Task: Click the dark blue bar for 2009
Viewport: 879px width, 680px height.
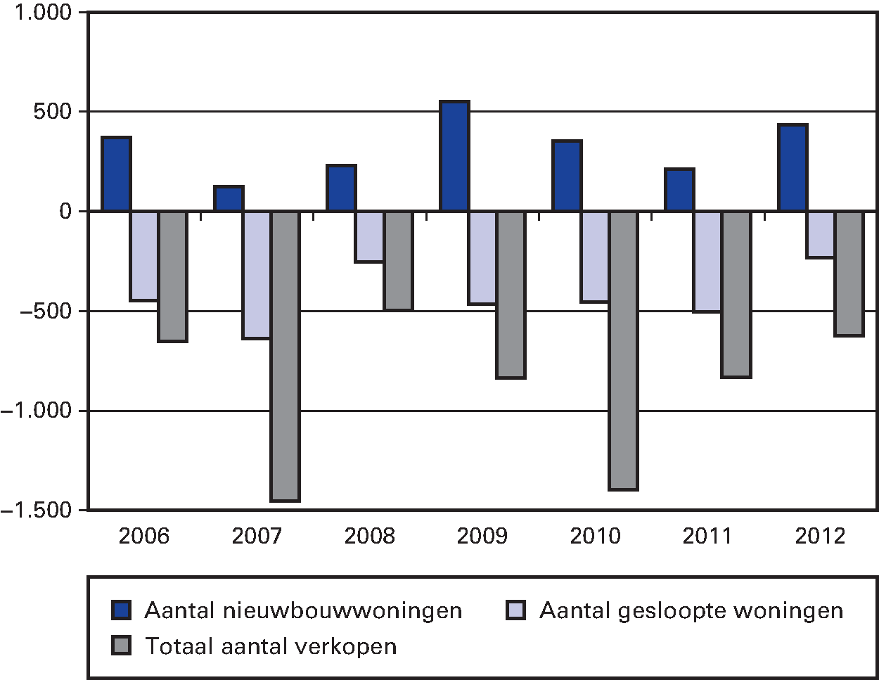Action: tap(454, 156)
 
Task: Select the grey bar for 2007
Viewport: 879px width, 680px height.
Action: tap(285, 356)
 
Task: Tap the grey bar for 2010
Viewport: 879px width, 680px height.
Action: tap(624, 350)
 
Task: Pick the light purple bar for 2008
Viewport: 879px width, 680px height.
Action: tap(370, 236)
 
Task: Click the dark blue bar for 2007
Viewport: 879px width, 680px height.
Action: tap(229, 198)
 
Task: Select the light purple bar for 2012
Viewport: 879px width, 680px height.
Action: tap(821, 234)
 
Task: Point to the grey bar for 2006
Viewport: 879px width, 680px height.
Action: tap(172, 276)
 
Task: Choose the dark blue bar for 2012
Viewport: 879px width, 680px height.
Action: tap(793, 167)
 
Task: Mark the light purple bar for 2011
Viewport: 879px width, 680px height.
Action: tap(707, 261)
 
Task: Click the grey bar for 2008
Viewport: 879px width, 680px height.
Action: tap(398, 260)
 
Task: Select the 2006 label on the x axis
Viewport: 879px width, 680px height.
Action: tap(144, 537)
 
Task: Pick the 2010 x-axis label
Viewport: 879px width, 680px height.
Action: tap(595, 537)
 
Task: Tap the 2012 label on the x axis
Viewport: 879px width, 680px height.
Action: tap(821, 537)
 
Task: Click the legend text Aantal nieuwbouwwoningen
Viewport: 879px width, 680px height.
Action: tap(303, 610)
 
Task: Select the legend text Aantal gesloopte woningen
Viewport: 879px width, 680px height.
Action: tap(691, 610)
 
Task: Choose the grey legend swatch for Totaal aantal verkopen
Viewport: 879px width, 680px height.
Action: tap(122, 646)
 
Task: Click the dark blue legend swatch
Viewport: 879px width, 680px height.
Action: tap(122, 610)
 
